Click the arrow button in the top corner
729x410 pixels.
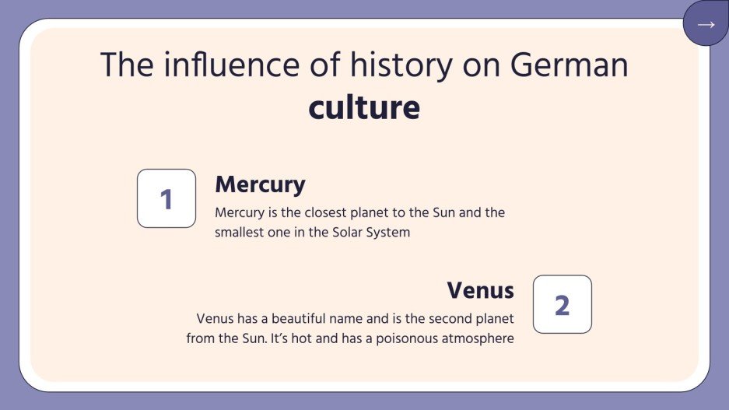click(x=706, y=24)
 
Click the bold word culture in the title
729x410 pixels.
click(x=364, y=107)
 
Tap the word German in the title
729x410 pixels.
click(x=570, y=65)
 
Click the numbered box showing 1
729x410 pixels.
click(x=166, y=199)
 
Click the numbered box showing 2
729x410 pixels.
click(x=562, y=305)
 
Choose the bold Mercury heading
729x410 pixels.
click(x=260, y=184)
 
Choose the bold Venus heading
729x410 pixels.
click(x=480, y=290)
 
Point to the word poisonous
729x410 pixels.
click(x=408, y=338)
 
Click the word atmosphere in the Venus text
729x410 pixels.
click(x=478, y=338)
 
